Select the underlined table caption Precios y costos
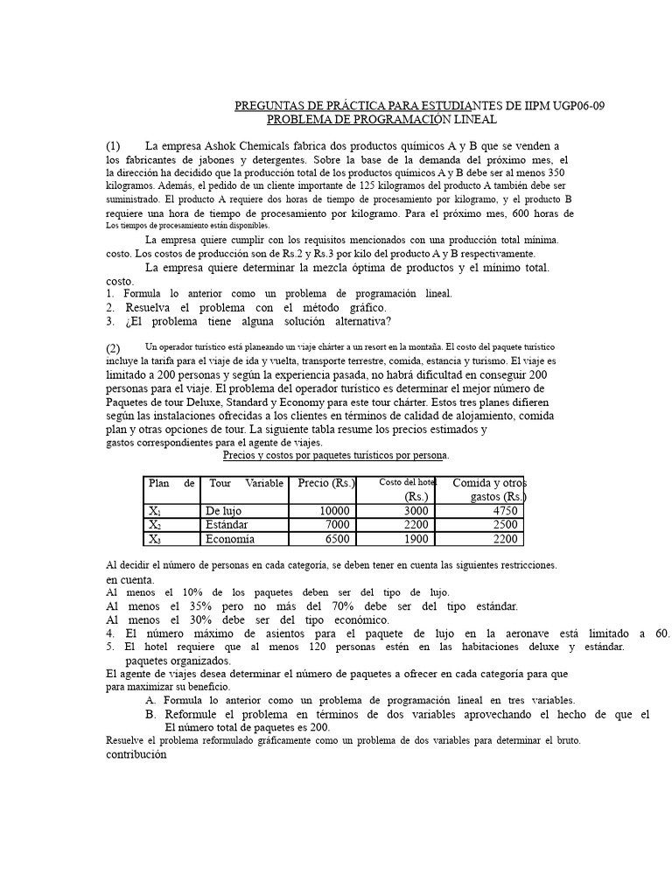click(x=336, y=456)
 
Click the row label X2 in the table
click(x=155, y=525)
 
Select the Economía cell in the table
click(x=230, y=539)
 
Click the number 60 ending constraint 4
click(x=661, y=633)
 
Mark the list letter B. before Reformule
click(x=151, y=714)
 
